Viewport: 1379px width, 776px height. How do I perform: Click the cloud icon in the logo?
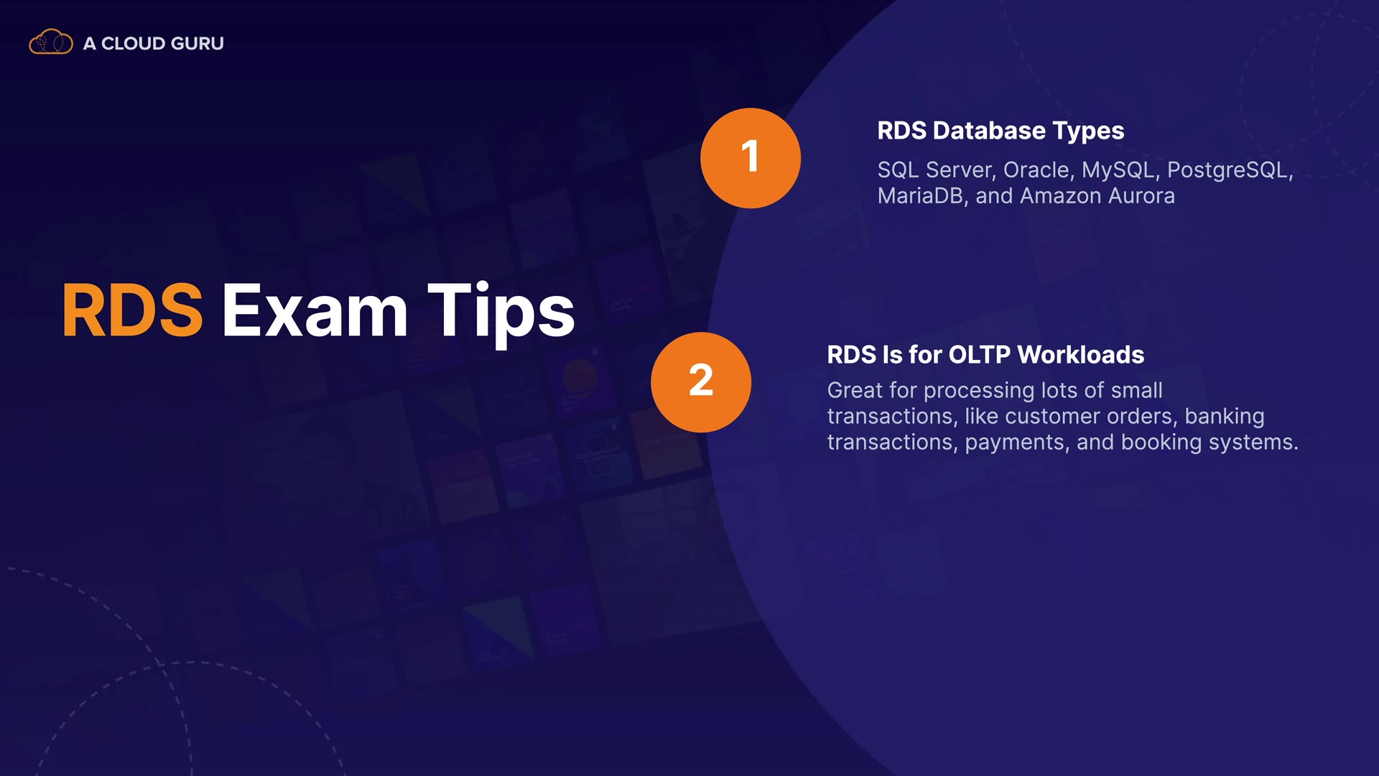point(51,42)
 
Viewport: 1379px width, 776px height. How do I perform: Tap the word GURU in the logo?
point(198,43)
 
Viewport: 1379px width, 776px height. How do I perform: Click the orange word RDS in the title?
point(132,310)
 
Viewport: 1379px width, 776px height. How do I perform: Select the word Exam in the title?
point(315,310)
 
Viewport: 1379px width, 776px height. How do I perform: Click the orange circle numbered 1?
point(751,158)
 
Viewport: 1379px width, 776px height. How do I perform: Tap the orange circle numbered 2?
point(701,382)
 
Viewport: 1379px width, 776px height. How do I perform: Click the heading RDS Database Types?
point(1000,131)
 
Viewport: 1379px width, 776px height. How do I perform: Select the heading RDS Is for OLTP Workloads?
point(985,355)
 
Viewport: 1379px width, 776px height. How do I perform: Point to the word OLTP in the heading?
point(979,355)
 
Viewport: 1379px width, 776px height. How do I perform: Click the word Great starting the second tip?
point(855,391)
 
